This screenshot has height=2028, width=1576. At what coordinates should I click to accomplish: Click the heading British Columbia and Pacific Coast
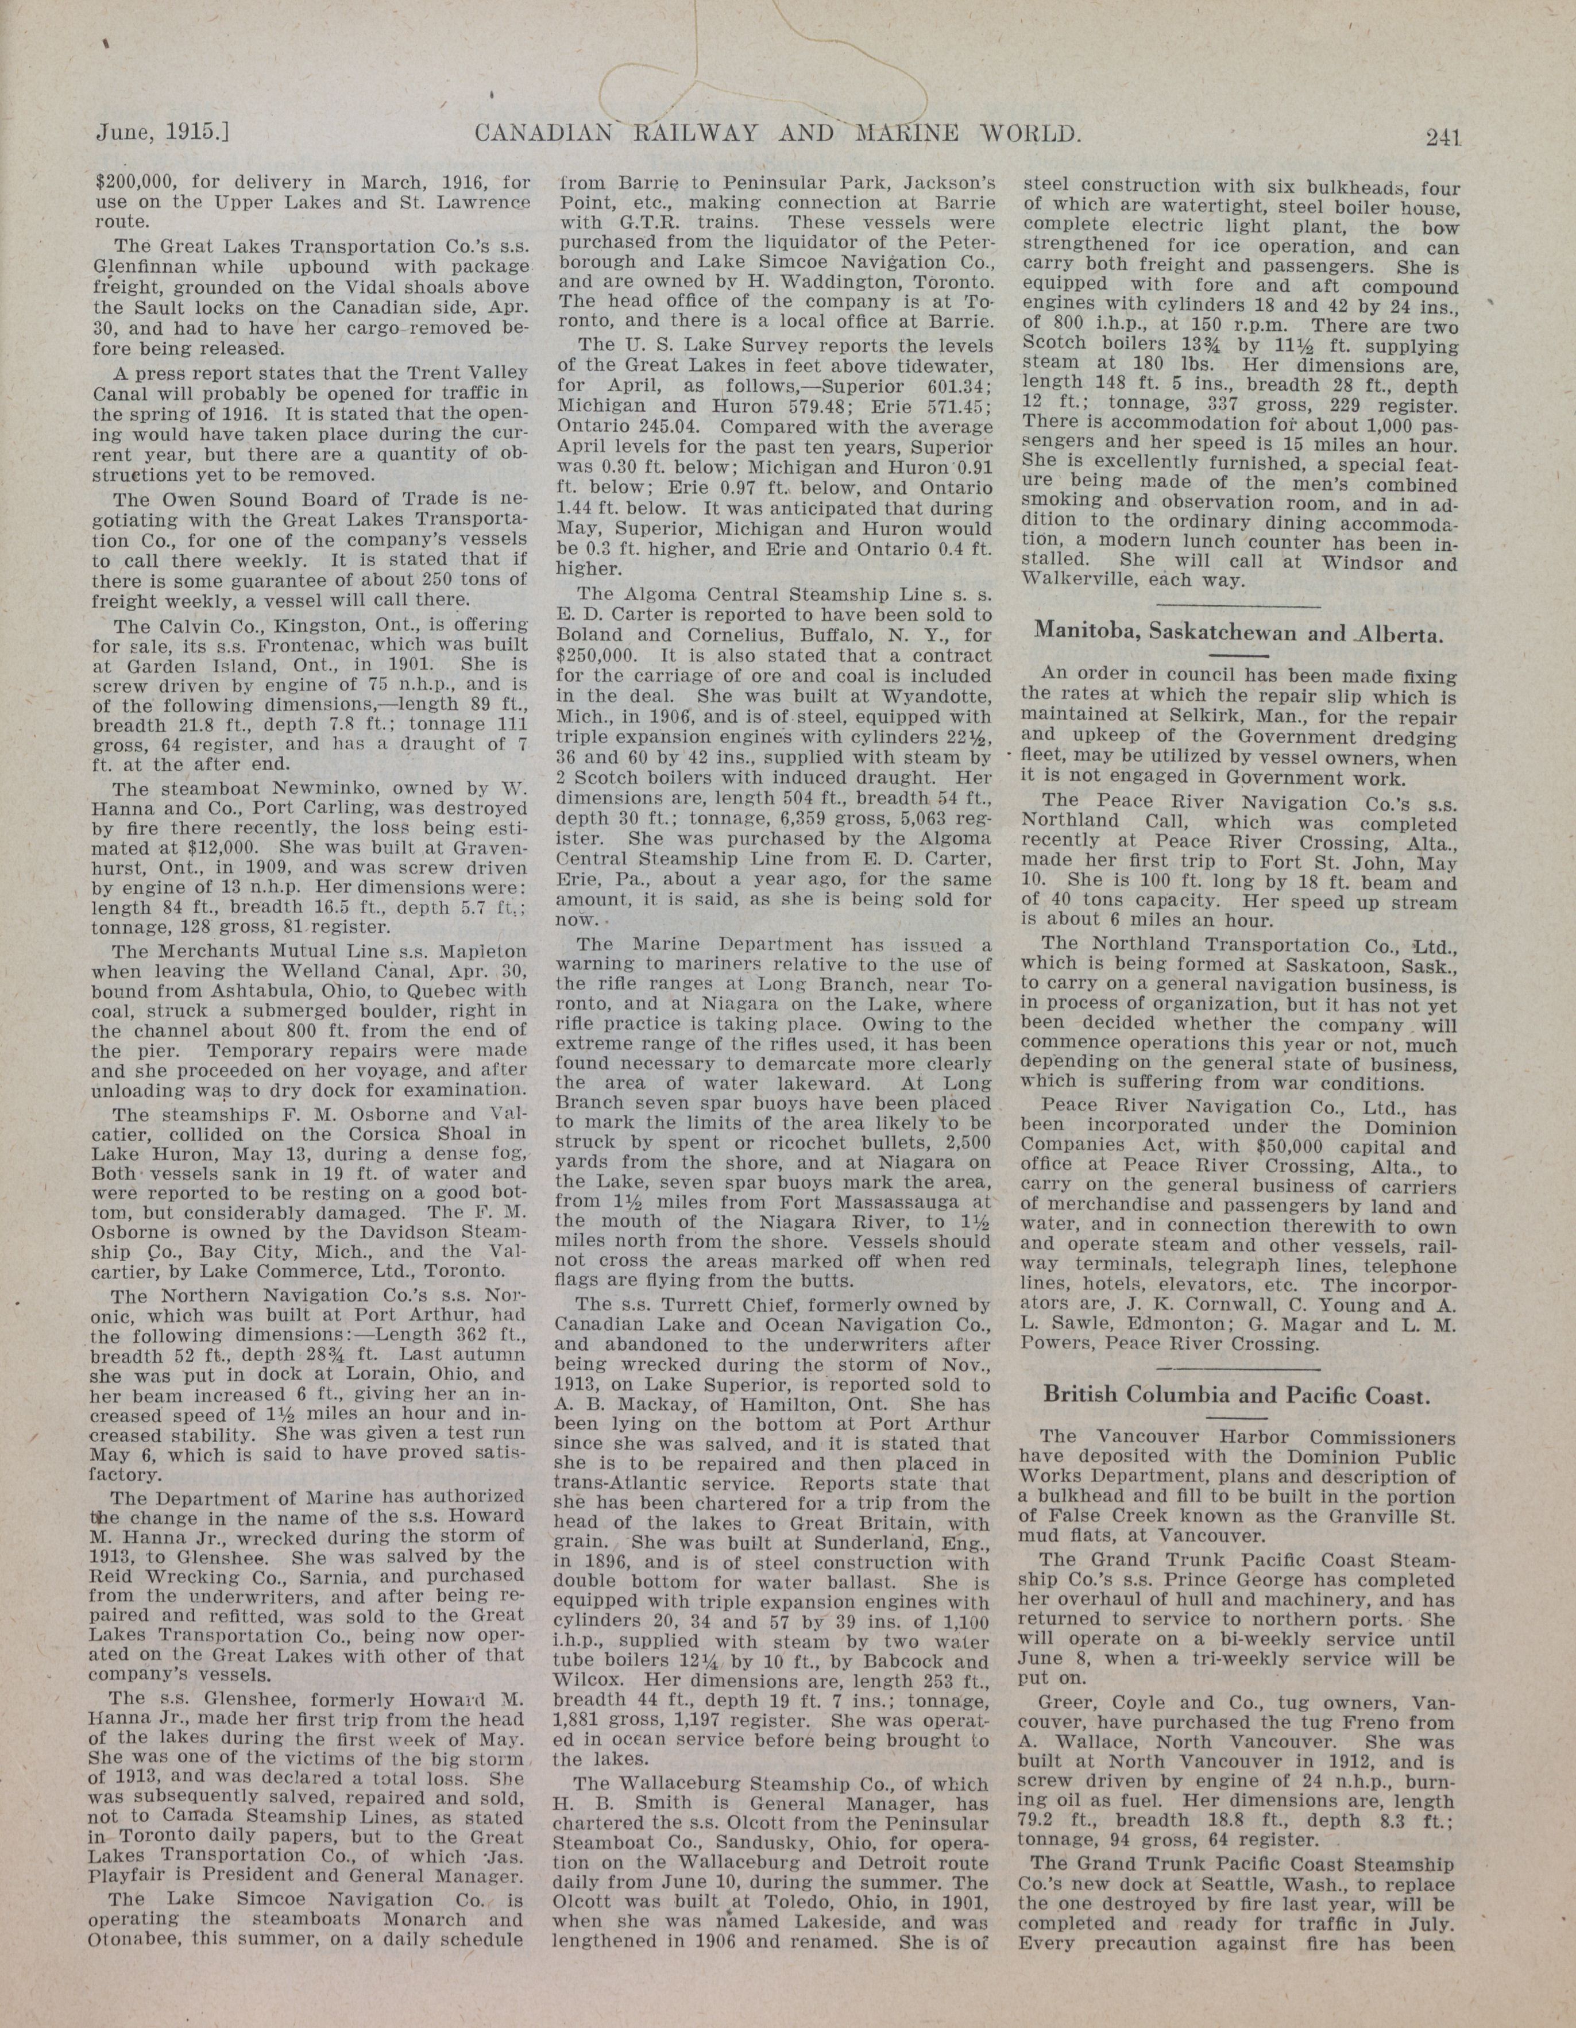[x=1235, y=1395]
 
